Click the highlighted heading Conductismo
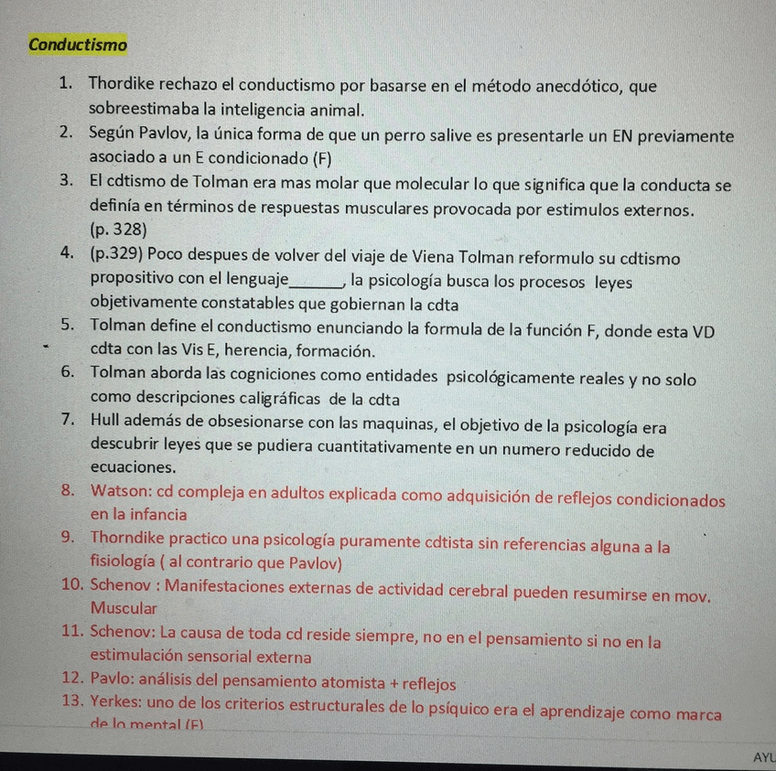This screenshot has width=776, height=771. point(78,44)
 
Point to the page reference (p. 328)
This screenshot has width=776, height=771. point(119,230)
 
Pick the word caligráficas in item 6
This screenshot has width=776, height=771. point(277,399)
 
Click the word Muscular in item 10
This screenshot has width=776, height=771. point(124,608)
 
